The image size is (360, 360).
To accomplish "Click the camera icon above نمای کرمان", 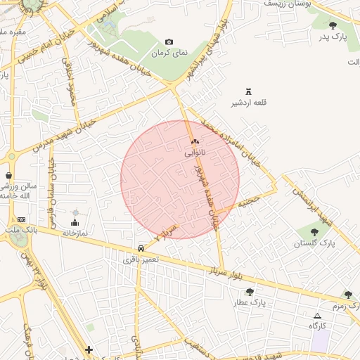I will (x=169, y=42).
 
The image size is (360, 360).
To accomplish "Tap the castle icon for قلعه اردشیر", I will (x=247, y=91).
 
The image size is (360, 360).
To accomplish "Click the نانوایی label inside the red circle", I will (x=195, y=152).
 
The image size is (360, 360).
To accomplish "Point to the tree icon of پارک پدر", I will (x=333, y=25).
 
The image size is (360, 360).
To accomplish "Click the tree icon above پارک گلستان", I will (x=314, y=231).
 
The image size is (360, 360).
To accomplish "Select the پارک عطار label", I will (x=249, y=302).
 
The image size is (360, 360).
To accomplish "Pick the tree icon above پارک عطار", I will (x=250, y=291).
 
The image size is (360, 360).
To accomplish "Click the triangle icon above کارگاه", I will (x=317, y=316).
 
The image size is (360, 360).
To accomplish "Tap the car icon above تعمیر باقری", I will (x=142, y=248).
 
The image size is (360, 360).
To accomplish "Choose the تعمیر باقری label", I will (x=141, y=259).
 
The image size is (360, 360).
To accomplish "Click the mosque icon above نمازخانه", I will (x=75, y=212).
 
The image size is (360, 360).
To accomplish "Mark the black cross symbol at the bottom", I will (x=89, y=349).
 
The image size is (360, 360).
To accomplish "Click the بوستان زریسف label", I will (x=288, y=4).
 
